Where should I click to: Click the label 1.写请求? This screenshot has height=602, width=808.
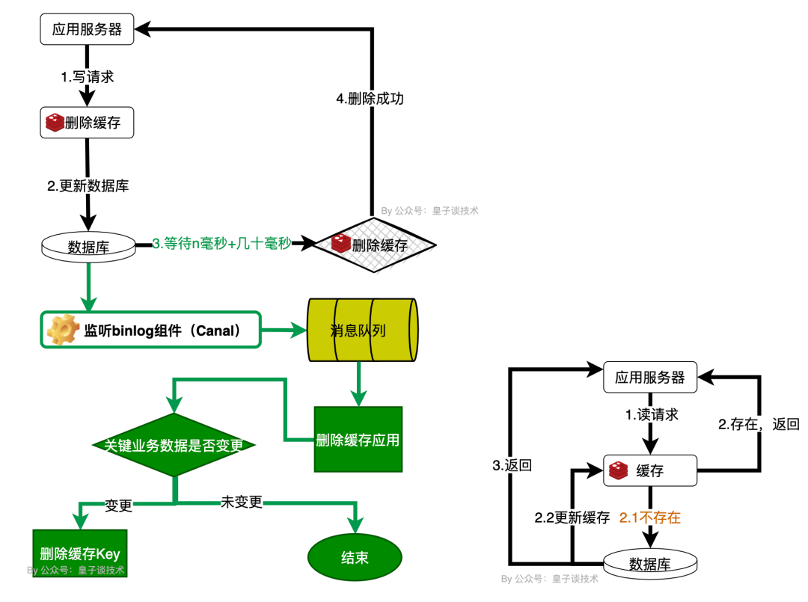[x=88, y=76]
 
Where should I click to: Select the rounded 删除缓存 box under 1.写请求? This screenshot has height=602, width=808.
[x=88, y=123]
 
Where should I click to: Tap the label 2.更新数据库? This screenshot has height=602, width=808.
[x=88, y=186]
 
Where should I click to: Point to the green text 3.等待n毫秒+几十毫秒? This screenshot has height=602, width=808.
[x=221, y=243]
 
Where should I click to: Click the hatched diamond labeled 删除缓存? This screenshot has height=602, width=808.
[x=373, y=245]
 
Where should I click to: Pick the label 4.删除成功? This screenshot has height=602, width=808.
[x=370, y=98]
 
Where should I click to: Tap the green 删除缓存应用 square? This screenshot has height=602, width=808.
[x=358, y=440]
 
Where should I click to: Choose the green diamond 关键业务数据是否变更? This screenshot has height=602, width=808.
[x=174, y=445]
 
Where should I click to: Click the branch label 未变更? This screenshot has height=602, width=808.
[x=242, y=502]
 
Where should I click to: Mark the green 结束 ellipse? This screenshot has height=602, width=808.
[x=355, y=557]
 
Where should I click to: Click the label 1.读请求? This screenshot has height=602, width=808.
[x=652, y=414]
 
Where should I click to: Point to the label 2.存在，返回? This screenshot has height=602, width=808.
[x=759, y=425]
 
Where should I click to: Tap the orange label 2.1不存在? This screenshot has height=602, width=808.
[x=650, y=517]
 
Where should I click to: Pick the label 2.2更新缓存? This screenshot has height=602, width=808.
[x=572, y=517]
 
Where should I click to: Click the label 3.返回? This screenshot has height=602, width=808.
[x=512, y=465]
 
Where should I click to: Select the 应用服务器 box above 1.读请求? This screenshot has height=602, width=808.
[x=650, y=377]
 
